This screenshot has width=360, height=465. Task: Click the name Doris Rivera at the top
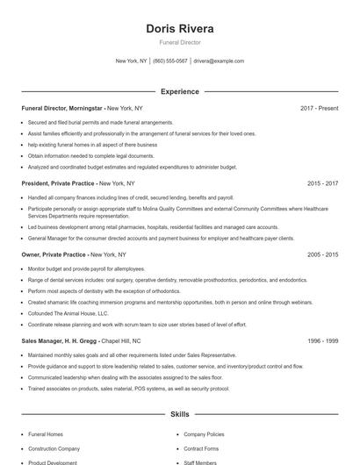coord(180,28)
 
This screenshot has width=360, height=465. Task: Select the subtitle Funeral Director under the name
coord(180,42)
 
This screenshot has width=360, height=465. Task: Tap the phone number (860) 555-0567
coord(170,61)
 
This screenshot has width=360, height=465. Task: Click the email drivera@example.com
coord(219,61)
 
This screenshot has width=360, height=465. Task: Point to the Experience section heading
coord(180,91)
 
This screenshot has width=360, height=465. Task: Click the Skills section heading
coord(180,412)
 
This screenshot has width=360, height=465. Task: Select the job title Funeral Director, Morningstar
coord(62,109)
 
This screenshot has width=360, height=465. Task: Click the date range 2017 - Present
coord(319,109)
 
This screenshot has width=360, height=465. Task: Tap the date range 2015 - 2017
coord(322,184)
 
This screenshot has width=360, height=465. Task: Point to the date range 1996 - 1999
coord(322,340)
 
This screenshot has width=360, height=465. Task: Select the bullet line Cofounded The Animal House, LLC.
coord(68,312)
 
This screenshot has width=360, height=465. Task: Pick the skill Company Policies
coord(204,434)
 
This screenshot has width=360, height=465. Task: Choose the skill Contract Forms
coord(200,448)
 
